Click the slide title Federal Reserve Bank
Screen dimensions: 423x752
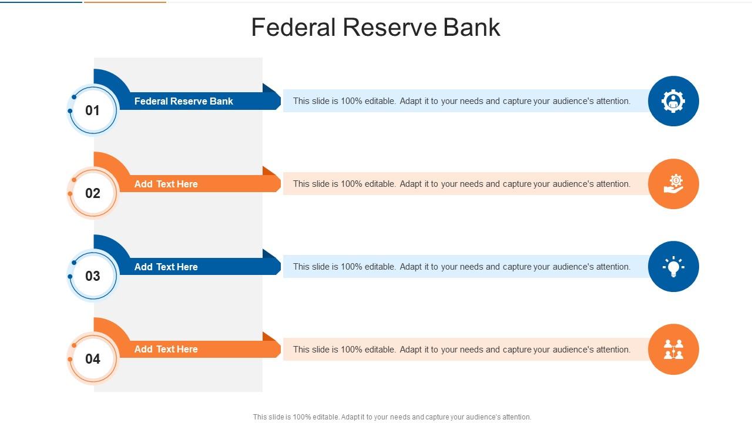(375, 28)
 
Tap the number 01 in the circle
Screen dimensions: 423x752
(93, 110)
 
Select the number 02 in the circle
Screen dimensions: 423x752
(93, 193)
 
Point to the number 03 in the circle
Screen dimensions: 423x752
(93, 276)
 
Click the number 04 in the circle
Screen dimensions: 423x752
(93, 359)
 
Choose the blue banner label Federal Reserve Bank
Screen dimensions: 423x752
(183, 101)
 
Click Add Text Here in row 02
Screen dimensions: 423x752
(166, 184)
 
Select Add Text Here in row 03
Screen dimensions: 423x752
(166, 267)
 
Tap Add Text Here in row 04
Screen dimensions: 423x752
(166, 349)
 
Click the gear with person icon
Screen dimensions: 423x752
(673, 101)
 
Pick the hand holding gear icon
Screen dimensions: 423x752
(673, 184)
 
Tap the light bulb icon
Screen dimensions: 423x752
(673, 267)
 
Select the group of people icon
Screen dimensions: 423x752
(673, 349)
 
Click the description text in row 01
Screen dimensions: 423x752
(461, 101)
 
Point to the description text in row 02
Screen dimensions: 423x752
(461, 184)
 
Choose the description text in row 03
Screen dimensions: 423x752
(461, 267)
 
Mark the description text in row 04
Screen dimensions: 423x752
(461, 350)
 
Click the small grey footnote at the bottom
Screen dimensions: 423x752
(392, 417)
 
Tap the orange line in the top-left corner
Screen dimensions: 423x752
(125, 2)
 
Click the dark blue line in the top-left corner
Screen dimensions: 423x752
(41, 2)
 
